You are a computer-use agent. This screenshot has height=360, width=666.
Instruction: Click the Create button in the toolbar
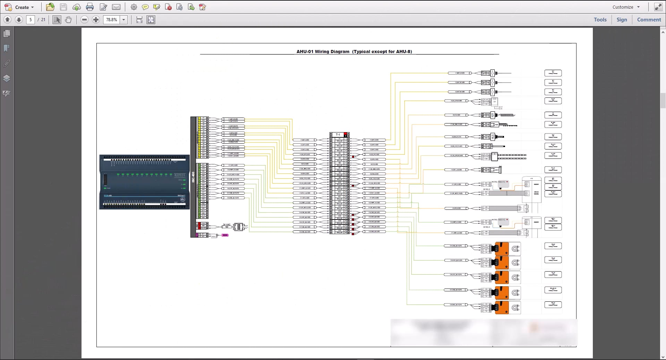tap(19, 7)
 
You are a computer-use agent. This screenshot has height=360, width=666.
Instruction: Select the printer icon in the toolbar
tap(90, 7)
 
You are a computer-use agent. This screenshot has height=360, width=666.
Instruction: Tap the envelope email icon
tap(116, 7)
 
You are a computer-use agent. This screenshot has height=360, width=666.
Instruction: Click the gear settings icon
tap(134, 7)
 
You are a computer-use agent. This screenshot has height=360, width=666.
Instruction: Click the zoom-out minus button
tap(84, 20)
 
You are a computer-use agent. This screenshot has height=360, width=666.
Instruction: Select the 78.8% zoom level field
tap(111, 20)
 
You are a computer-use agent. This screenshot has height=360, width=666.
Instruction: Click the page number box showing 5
tap(31, 20)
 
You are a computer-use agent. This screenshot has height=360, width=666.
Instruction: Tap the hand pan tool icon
tap(68, 20)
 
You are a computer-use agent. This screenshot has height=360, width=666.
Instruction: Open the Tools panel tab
tap(600, 20)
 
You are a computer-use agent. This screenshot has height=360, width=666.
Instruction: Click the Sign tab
tap(622, 20)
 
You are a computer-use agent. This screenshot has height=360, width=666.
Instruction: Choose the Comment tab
tap(649, 20)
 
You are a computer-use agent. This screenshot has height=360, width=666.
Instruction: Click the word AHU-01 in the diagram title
tap(305, 52)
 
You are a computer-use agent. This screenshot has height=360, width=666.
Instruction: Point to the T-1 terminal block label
tap(338, 135)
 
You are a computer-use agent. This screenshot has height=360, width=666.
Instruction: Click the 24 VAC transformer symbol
tap(238, 227)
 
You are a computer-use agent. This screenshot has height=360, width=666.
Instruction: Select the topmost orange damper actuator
tap(502, 248)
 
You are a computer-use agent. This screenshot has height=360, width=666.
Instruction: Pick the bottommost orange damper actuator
tap(502, 307)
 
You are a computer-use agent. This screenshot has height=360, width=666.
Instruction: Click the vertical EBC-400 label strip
tap(193, 177)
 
